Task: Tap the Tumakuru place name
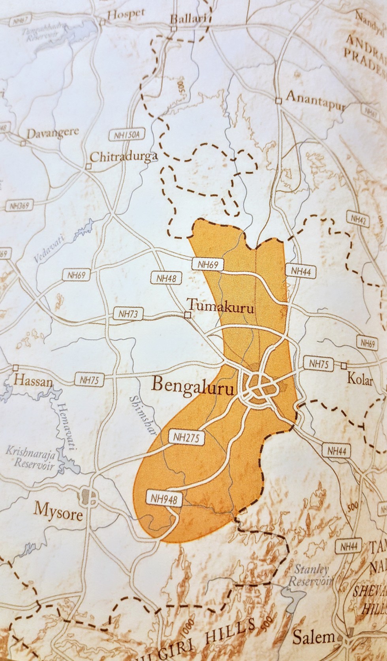point(220,307)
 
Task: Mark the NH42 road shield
point(358,218)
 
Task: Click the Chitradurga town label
point(124,157)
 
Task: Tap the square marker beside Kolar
point(343,365)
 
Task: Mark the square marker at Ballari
point(173,29)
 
